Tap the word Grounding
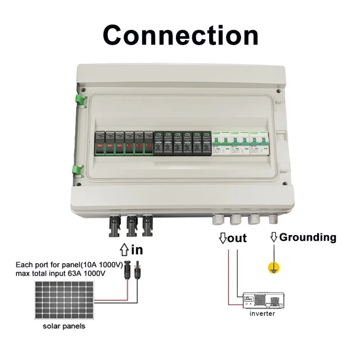pos(307,237)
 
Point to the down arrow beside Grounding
pos(273,238)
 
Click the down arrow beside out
pos(222,238)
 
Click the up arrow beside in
pos(125,249)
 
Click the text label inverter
pos(262,314)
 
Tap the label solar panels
pos(63,326)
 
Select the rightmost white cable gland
pos(273,219)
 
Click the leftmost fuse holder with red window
pos(99,143)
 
